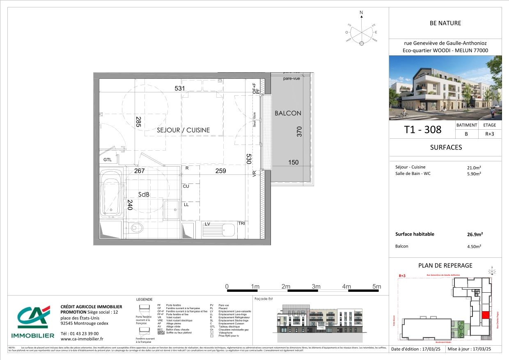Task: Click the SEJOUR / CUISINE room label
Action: [183, 130]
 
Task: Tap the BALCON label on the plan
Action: [288, 113]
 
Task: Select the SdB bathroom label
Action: [143, 194]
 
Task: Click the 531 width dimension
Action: [180, 88]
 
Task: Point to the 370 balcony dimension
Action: [300, 131]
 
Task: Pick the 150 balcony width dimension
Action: [293, 163]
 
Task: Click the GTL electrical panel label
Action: [108, 160]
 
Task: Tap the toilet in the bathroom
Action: [135, 227]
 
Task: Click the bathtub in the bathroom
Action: [111, 194]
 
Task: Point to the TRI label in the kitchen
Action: [242, 224]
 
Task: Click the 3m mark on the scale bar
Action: [316, 287]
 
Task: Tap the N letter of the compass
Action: [361, 13]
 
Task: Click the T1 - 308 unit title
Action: [422, 130]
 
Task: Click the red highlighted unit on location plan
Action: [485, 315]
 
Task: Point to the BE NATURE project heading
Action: [445, 23]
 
